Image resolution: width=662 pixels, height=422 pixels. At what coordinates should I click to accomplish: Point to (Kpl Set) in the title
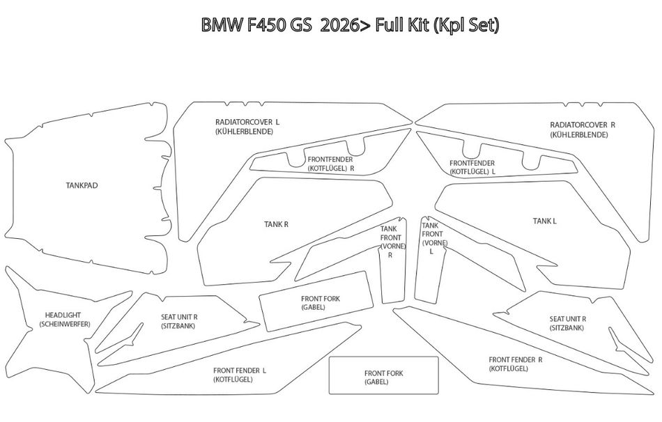pyautogui.click(x=466, y=26)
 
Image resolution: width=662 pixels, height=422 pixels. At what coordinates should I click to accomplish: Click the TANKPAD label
pyautogui.click(x=82, y=185)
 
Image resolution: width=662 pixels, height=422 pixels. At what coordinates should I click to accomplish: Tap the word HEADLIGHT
pyautogui.click(x=63, y=315)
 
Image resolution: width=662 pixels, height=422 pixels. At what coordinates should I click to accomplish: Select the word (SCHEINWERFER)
pyautogui.click(x=65, y=324)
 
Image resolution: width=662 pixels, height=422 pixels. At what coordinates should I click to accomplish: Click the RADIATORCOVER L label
pyautogui.click(x=247, y=122)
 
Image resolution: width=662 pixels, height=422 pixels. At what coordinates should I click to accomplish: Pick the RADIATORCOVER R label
pyautogui.click(x=583, y=125)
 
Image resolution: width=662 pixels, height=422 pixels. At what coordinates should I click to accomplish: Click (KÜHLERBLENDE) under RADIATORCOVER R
pyautogui.click(x=579, y=134)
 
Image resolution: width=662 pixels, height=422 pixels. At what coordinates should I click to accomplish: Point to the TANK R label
pyautogui.click(x=276, y=224)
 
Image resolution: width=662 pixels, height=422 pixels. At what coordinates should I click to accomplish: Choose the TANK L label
pyautogui.click(x=545, y=221)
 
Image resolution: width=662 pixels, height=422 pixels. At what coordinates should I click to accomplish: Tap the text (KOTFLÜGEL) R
pyautogui.click(x=330, y=169)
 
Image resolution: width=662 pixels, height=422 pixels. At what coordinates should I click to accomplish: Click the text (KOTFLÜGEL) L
pyautogui.click(x=472, y=172)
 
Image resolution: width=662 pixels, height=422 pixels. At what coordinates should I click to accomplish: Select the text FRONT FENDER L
pyautogui.click(x=240, y=370)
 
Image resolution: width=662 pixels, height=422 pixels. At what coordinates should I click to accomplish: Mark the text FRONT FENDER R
pyautogui.click(x=516, y=359)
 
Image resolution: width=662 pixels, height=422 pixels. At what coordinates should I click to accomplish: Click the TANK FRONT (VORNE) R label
pyautogui.click(x=392, y=242)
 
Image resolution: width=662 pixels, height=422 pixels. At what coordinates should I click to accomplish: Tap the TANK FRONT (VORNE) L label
pyautogui.click(x=433, y=238)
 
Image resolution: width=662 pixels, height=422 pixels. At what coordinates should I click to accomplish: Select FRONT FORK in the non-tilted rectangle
pyautogui.click(x=384, y=373)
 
